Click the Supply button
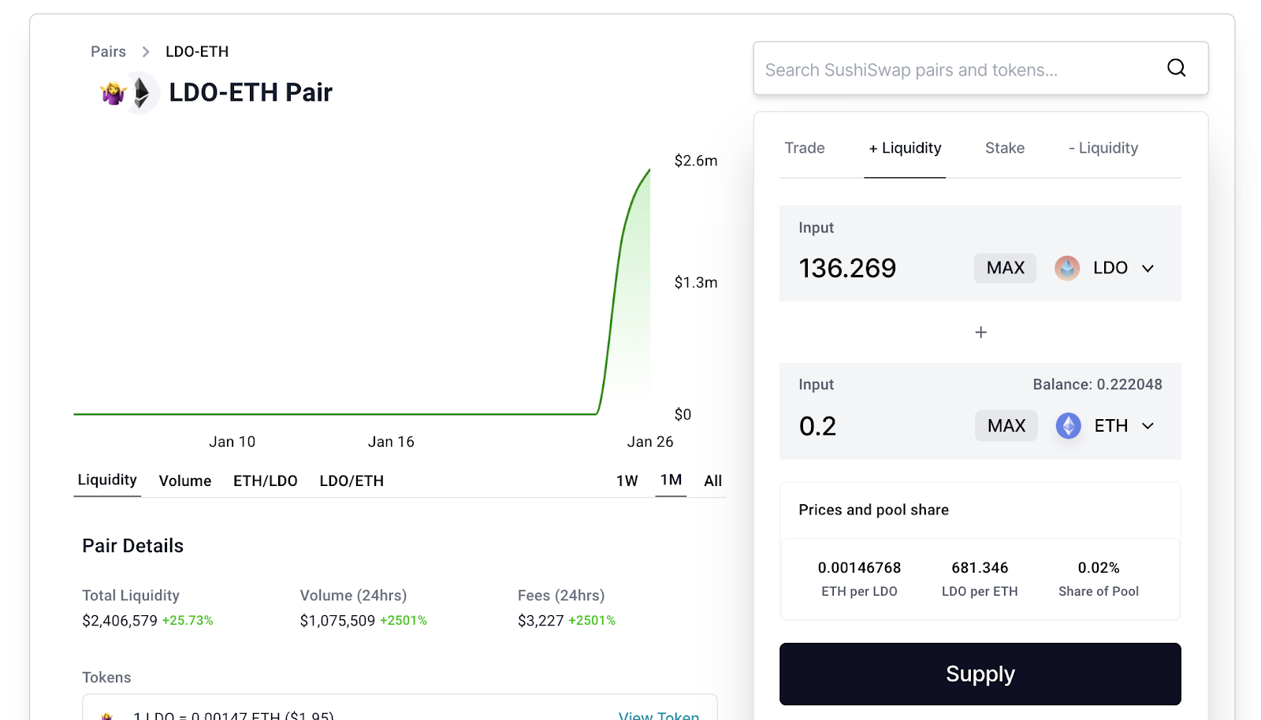(x=980, y=674)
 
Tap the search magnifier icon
(x=1176, y=68)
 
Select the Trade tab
(x=804, y=148)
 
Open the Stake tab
(x=1004, y=148)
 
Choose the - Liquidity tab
(x=1103, y=148)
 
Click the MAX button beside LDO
(x=1005, y=268)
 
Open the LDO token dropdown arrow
(x=1148, y=269)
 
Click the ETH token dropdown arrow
(x=1148, y=426)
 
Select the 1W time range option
(x=627, y=481)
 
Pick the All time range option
(x=712, y=481)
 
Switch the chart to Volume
(x=184, y=481)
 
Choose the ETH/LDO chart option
(x=265, y=481)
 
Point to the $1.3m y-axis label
(x=695, y=282)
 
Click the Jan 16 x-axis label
(x=391, y=442)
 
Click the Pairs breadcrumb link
(x=108, y=51)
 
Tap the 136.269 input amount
(x=847, y=269)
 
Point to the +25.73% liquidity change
(x=188, y=621)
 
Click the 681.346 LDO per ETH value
(x=980, y=568)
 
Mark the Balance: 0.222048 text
(x=1097, y=384)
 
